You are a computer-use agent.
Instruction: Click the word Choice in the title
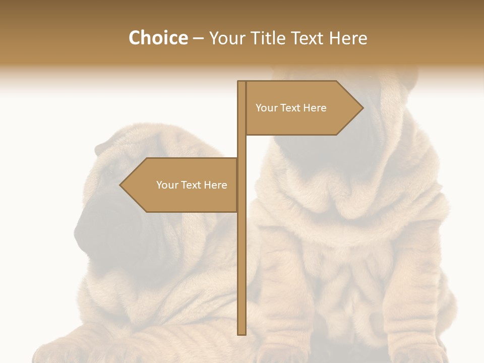tap(158, 38)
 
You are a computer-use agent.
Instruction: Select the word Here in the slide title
tap(348, 38)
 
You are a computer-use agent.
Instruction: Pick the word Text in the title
tap(308, 38)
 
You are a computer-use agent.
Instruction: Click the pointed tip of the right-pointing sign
tap(362, 107)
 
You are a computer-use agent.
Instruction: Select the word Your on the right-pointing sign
tap(266, 108)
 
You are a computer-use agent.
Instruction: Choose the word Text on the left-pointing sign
tap(191, 185)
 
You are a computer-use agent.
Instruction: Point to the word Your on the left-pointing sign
tap(167, 185)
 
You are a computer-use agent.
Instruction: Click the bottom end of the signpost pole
tap(241, 333)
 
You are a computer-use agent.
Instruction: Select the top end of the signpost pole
tap(241, 82)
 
